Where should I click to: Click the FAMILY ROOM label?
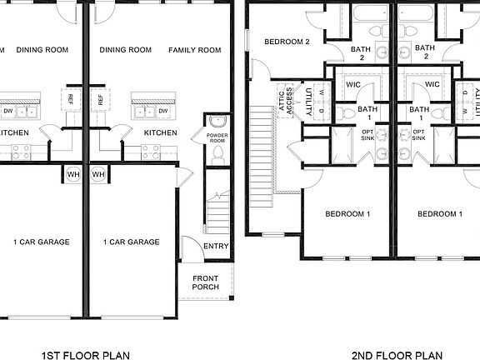(x=194, y=50)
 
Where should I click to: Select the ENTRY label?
(x=216, y=247)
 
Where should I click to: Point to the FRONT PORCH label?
(x=206, y=282)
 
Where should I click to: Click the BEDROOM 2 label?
(x=287, y=42)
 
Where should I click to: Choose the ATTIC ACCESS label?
(x=283, y=99)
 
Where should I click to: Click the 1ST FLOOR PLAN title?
(x=85, y=356)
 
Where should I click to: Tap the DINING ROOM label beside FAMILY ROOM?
(x=125, y=50)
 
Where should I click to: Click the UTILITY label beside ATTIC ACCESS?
(x=308, y=98)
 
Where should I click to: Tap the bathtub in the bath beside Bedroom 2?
(x=361, y=13)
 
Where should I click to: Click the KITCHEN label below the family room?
(x=160, y=132)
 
